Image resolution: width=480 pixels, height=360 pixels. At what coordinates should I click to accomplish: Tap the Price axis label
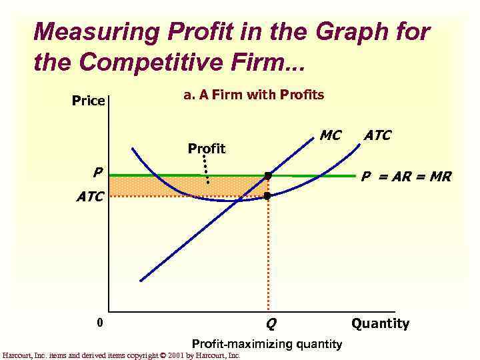pyautogui.click(x=88, y=101)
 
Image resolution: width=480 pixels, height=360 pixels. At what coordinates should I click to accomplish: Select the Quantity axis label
pyautogui.click(x=380, y=324)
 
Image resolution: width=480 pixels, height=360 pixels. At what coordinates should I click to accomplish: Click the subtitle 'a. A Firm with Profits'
pyautogui.click(x=253, y=95)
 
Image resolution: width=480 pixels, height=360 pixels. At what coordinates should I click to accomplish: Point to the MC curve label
pyautogui.click(x=330, y=136)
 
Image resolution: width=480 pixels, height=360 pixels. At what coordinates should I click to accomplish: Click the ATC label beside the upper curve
pyautogui.click(x=377, y=136)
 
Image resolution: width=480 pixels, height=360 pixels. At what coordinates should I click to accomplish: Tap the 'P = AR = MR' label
pyautogui.click(x=406, y=177)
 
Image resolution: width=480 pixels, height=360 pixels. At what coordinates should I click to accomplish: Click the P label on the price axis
pyautogui.click(x=97, y=172)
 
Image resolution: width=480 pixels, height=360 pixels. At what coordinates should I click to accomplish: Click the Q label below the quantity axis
pyautogui.click(x=271, y=325)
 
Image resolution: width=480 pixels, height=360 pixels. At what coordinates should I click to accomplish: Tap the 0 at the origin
pyautogui.click(x=99, y=323)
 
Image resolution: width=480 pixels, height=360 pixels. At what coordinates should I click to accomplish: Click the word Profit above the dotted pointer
pyautogui.click(x=207, y=148)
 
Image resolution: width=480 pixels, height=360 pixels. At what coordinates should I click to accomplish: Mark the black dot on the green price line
pyautogui.click(x=268, y=176)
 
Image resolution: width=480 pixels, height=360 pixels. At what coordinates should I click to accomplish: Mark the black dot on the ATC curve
pyautogui.click(x=268, y=196)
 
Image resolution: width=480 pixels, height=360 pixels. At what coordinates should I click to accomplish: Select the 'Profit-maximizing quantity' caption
pyautogui.click(x=267, y=344)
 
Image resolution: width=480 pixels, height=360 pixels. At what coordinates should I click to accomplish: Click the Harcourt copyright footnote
pyautogui.click(x=121, y=355)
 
